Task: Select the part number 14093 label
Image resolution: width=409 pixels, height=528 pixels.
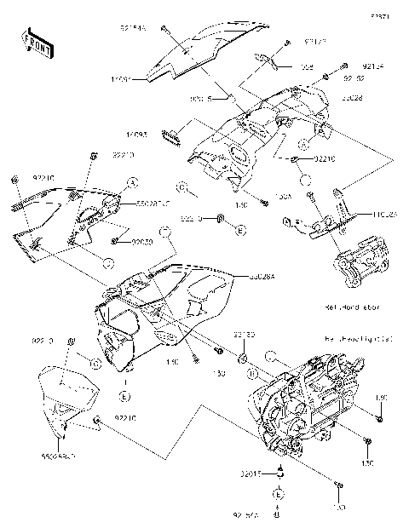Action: tap(137, 133)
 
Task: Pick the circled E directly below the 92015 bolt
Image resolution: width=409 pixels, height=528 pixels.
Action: tap(276, 494)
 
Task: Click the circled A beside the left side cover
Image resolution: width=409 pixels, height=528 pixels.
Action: tap(132, 182)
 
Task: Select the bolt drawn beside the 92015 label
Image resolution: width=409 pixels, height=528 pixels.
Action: tap(279, 473)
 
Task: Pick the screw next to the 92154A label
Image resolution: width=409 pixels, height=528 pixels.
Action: tap(165, 30)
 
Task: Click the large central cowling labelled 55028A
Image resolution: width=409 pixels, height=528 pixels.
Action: tap(162, 307)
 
